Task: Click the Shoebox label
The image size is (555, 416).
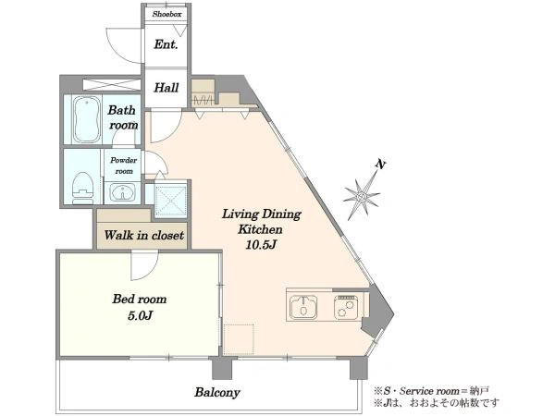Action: (167, 15)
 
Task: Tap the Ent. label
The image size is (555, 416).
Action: (166, 44)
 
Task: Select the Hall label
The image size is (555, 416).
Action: (166, 88)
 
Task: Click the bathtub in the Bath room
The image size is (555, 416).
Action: (86, 119)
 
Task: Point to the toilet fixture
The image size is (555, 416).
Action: (83, 189)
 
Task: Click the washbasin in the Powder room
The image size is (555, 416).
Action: (122, 193)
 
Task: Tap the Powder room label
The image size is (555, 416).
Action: (124, 165)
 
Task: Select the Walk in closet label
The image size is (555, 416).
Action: (143, 235)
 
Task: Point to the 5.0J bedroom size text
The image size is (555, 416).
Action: (140, 315)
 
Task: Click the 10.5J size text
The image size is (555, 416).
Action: (261, 245)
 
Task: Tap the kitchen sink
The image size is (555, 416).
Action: (303, 307)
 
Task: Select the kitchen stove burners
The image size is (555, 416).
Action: (345, 307)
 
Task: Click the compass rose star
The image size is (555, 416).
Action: (362, 196)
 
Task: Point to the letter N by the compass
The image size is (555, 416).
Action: (380, 165)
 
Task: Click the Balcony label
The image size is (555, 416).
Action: (217, 392)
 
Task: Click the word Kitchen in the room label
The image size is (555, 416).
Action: (261, 229)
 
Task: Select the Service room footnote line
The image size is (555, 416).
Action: (431, 391)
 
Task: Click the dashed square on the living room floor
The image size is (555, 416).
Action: (239, 339)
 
